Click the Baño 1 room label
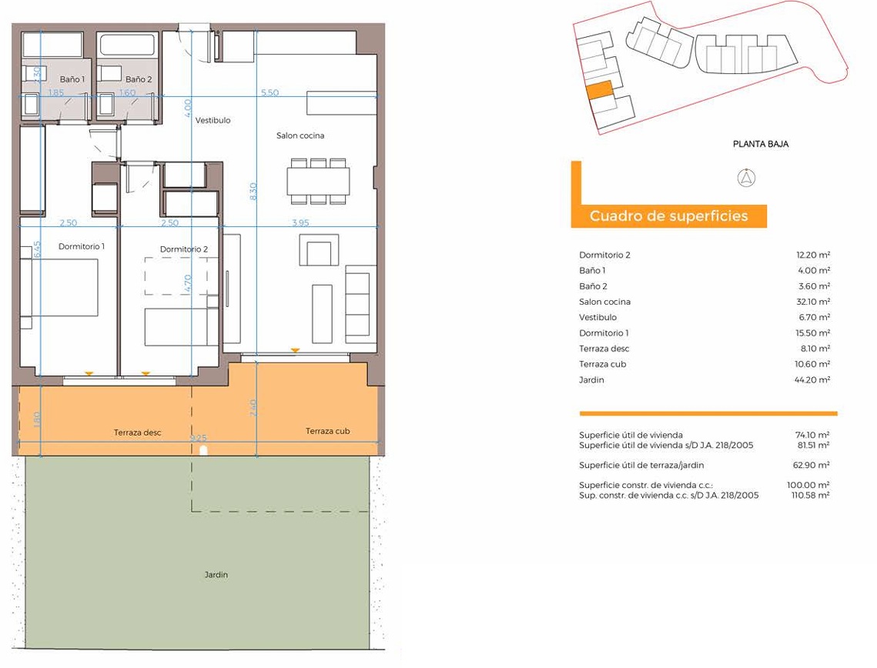72,79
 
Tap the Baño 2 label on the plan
139,79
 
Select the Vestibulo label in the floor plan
213,120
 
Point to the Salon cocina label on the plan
300,135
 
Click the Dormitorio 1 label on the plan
82,246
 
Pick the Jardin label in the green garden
216,575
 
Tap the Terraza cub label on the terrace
328,431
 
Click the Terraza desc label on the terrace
138,433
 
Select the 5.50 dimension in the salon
269,93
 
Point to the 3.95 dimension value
300,222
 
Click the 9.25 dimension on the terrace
199,438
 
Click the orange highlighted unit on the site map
600,90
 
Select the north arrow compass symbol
747,179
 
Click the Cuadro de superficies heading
668,216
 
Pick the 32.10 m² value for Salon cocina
813,302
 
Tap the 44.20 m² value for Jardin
812,380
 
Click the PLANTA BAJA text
761,144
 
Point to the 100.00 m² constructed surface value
808,485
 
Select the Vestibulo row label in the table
598,318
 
